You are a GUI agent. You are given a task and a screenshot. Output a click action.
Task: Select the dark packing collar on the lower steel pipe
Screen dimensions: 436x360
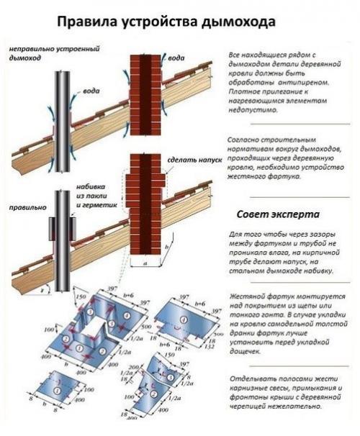[62, 228]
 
